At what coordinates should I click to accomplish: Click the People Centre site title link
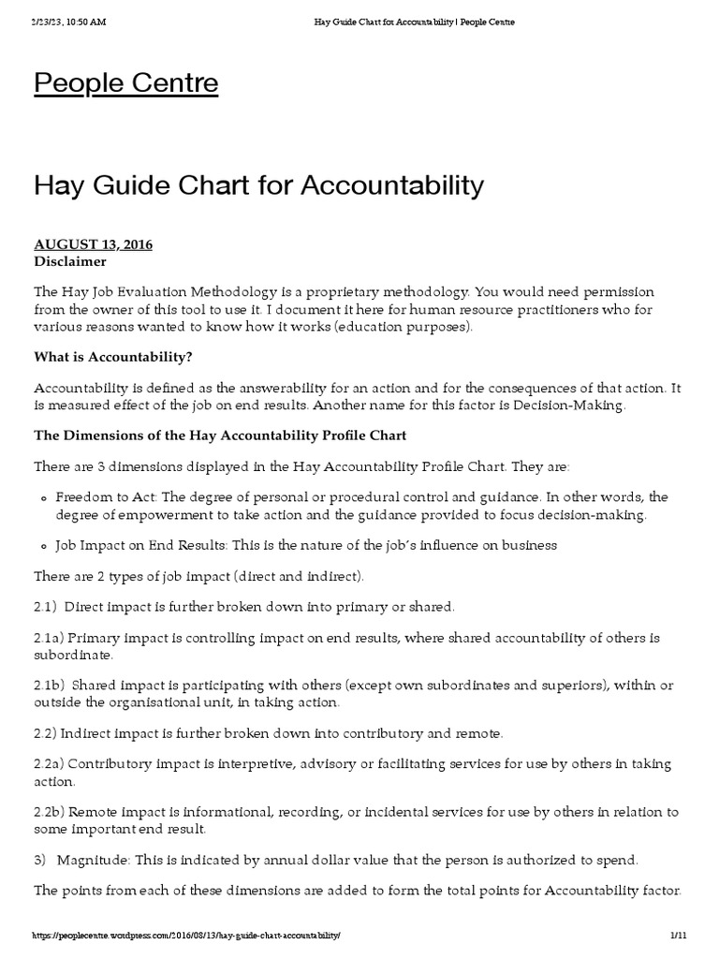(126, 84)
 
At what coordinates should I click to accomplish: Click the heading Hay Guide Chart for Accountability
(259, 185)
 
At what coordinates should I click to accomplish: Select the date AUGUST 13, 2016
(93, 244)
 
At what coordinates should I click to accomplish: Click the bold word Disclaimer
(70, 261)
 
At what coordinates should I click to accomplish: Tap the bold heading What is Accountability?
(117, 357)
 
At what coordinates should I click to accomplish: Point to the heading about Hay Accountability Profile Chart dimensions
(220, 435)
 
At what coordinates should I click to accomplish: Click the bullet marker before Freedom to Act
(43, 497)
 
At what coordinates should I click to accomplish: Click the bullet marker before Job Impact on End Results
(43, 546)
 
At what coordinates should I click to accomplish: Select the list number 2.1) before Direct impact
(48, 606)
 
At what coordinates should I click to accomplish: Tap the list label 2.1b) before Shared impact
(51, 686)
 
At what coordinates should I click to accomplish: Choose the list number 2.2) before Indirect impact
(48, 732)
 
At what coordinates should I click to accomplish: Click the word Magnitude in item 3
(90, 859)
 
